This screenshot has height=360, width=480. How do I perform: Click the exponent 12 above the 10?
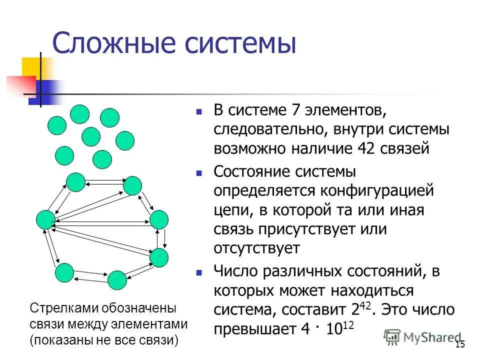click(x=348, y=326)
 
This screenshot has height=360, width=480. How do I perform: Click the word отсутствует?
click(x=257, y=248)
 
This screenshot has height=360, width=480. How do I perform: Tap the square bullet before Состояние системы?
click(x=199, y=173)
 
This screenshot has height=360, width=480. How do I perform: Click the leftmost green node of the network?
click(x=45, y=220)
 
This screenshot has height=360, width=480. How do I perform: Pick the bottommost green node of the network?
click(x=117, y=280)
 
